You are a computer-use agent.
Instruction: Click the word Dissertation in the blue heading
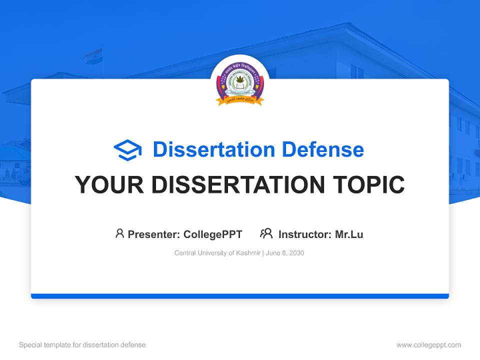[x=213, y=149]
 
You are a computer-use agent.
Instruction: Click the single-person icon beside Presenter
[x=119, y=233]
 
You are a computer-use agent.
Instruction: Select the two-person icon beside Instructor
[x=266, y=233]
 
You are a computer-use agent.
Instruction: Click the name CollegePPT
[x=212, y=234]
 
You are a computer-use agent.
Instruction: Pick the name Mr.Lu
[x=349, y=234]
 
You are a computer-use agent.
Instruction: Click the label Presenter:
[x=154, y=234]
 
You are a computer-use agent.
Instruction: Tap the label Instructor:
[x=305, y=234]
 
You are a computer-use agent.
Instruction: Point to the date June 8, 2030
[x=285, y=253]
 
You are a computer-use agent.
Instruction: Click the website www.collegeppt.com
[x=428, y=345]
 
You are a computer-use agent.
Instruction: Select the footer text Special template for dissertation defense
[x=82, y=345]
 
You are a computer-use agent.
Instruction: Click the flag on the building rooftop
[x=93, y=55]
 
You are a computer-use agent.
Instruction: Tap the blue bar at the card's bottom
[x=240, y=296]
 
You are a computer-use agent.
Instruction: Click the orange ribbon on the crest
[x=240, y=100]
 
